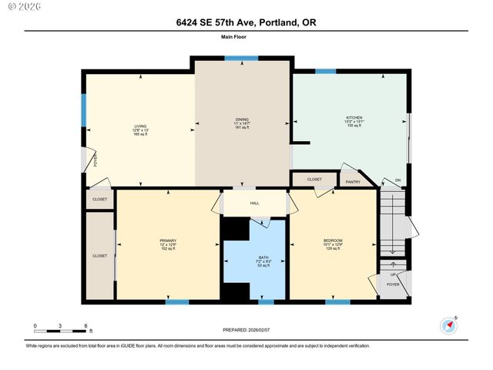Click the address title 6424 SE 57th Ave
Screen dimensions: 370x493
pyautogui.click(x=246, y=24)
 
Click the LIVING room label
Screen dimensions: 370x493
pyautogui.click(x=140, y=126)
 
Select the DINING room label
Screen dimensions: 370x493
pyautogui.click(x=242, y=119)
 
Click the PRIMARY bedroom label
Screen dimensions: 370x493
pyautogui.click(x=168, y=240)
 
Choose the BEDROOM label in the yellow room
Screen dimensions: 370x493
pyautogui.click(x=333, y=240)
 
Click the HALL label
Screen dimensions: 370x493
pyautogui.click(x=253, y=203)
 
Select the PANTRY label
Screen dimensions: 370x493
pyautogui.click(x=353, y=182)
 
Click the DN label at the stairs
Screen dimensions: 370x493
pyautogui.click(x=397, y=181)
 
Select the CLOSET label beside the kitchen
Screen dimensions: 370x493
pyautogui.click(x=314, y=179)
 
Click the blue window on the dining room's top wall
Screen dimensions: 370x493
pyautogui.click(x=246, y=58)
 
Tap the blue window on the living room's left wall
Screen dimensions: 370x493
pyautogui.click(x=83, y=110)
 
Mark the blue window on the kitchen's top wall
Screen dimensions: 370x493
pyautogui.click(x=325, y=72)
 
